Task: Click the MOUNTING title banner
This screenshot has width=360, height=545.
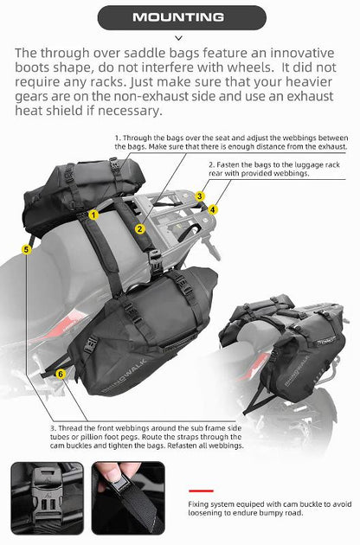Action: tap(179, 17)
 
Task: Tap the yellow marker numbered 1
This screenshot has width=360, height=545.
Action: tap(93, 213)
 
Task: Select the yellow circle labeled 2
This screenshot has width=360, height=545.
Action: tap(139, 228)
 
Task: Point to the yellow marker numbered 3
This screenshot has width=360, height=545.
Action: tap(200, 196)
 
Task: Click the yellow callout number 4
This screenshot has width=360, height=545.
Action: tap(214, 208)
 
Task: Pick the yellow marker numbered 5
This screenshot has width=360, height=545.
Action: tap(27, 250)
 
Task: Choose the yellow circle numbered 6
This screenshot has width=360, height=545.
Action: tap(60, 373)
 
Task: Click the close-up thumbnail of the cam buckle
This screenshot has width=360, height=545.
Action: tap(47, 497)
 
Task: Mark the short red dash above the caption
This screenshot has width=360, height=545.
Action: tap(201, 489)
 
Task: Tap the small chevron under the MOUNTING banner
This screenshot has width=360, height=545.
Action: tap(179, 38)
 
